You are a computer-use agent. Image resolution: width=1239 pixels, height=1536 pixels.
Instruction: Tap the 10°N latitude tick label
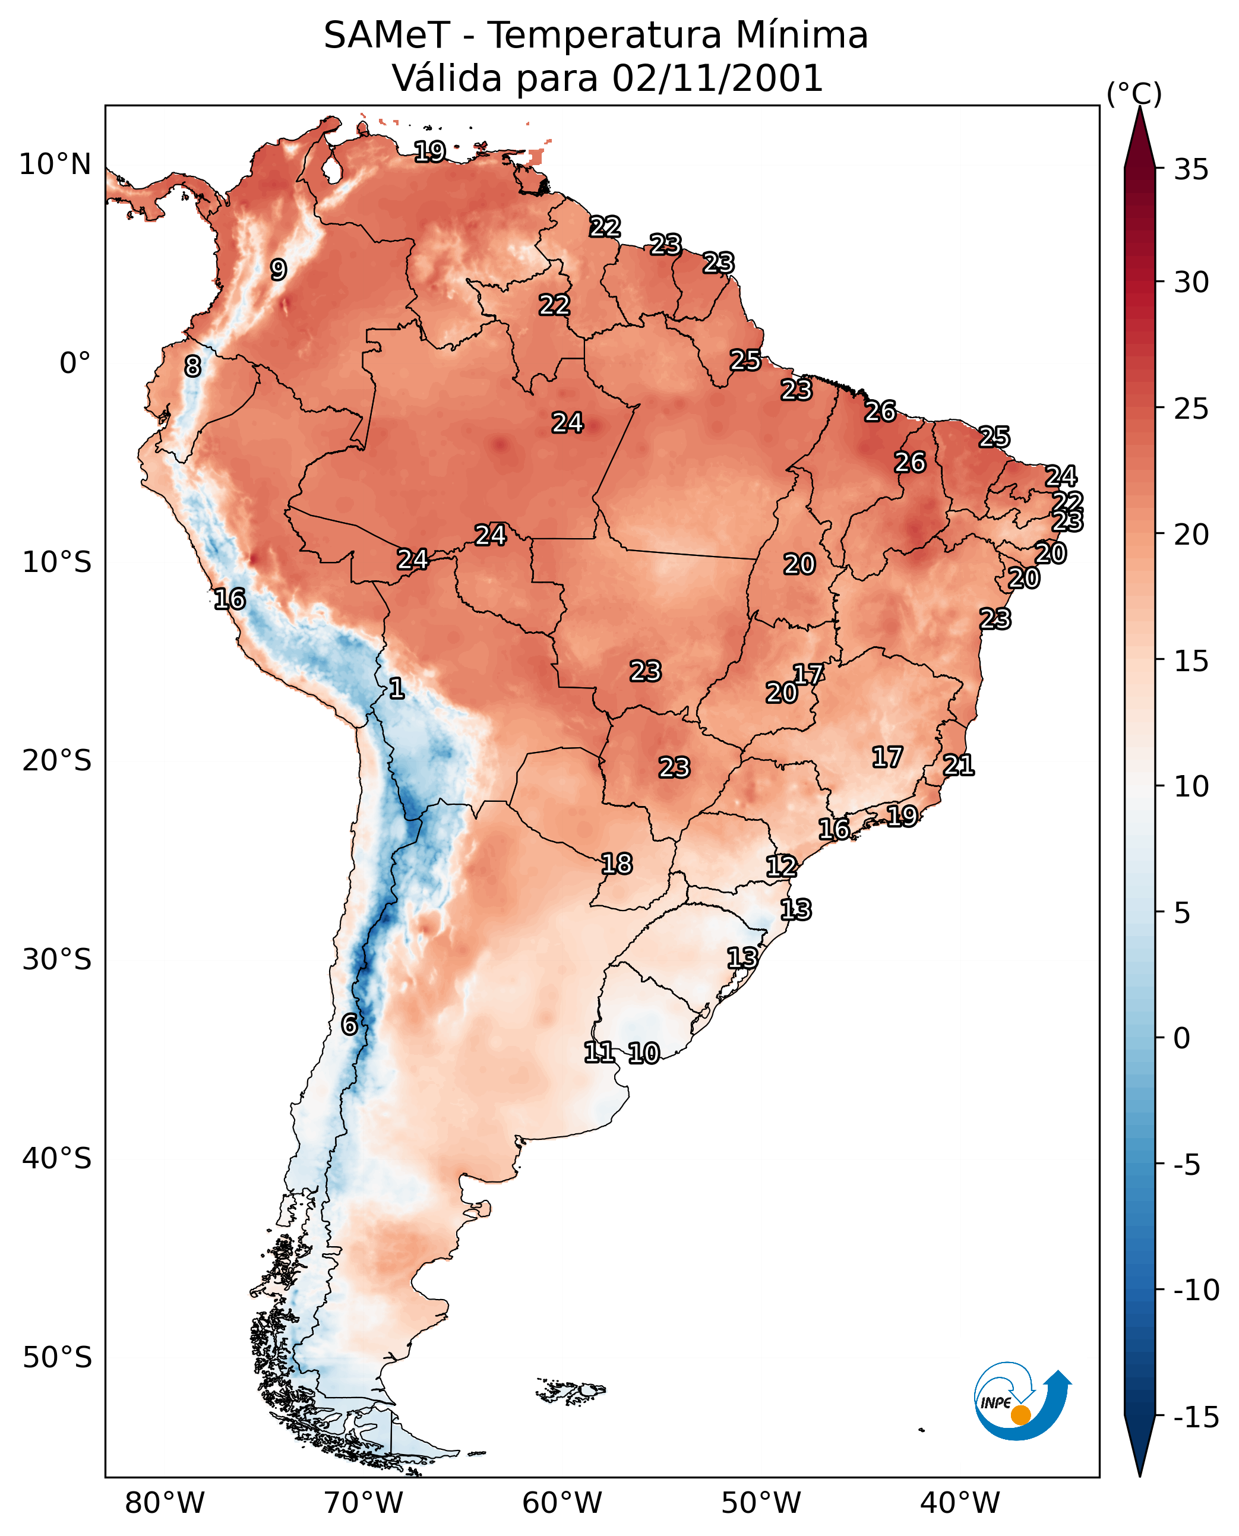[55, 165]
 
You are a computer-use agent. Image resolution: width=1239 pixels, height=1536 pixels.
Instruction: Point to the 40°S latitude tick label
[57, 1158]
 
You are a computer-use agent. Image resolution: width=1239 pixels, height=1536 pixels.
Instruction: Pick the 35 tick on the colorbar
[1191, 170]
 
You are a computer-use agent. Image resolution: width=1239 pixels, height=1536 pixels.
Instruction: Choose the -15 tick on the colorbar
[1197, 1418]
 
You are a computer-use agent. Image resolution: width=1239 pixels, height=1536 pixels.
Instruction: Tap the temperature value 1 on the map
[397, 689]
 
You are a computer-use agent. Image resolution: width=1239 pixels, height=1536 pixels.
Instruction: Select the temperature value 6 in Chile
[349, 1025]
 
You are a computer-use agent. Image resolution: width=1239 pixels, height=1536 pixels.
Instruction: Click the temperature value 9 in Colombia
[279, 270]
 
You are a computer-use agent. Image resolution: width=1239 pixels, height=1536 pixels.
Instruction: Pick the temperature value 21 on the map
[959, 766]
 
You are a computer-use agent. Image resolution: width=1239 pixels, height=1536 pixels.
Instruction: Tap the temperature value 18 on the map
[617, 864]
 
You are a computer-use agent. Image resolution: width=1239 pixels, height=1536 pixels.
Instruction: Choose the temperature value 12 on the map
[782, 867]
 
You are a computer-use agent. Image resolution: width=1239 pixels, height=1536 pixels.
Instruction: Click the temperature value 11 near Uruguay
[599, 1052]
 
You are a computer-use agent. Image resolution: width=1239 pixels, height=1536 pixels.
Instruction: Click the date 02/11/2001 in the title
[718, 78]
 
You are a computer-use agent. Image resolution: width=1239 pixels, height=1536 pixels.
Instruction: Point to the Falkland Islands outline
[571, 1391]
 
